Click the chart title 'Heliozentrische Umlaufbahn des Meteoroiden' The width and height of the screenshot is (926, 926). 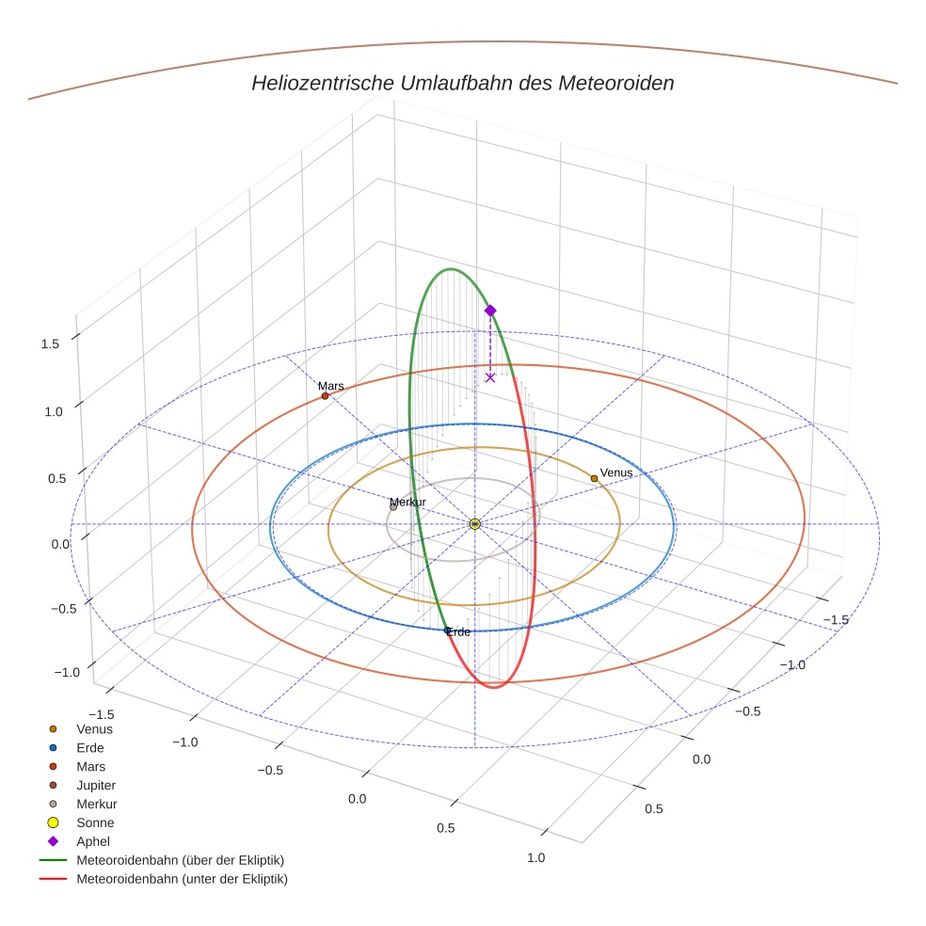coord(462,83)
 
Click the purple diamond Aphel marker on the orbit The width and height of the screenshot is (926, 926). coord(489,310)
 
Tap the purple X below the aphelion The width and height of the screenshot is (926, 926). coord(489,377)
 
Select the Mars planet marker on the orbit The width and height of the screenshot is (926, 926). coord(325,396)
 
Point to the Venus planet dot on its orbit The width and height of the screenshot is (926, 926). coord(594,478)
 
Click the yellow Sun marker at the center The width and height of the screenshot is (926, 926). coord(474,523)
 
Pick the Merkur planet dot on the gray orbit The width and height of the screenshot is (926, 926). coord(393,507)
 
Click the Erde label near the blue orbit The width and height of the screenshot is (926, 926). coord(459,632)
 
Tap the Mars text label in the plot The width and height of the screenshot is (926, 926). coord(331,386)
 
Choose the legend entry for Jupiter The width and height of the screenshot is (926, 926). coord(96,785)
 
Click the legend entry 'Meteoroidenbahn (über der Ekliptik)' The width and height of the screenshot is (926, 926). coord(180,860)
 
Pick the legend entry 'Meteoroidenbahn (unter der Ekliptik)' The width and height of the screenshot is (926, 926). coord(182,879)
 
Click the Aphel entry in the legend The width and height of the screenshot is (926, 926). coord(93,841)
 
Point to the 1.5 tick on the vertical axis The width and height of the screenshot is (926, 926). coord(50,343)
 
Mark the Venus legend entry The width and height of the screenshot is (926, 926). coord(94,728)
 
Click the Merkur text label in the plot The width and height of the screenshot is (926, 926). coord(408,502)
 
